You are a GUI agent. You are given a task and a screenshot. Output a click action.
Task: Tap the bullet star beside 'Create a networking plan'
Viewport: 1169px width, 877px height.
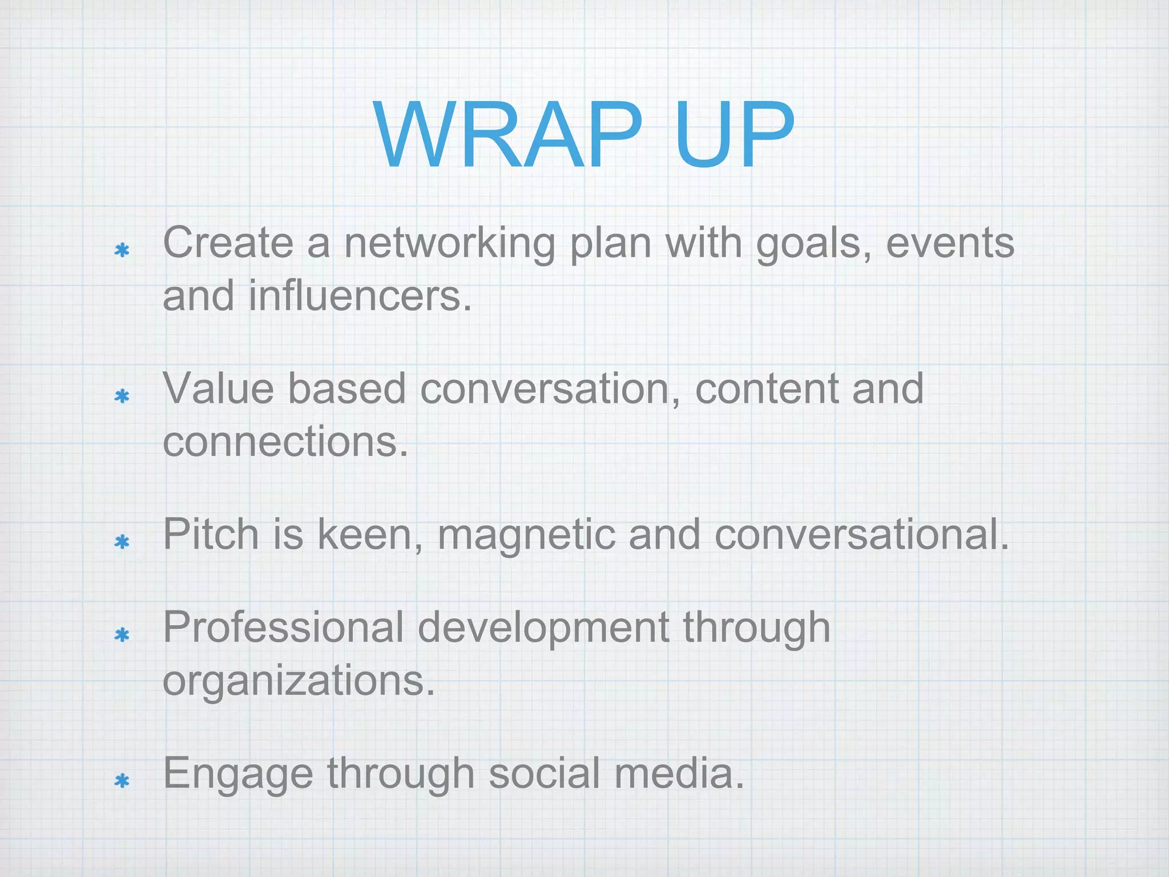[x=122, y=250]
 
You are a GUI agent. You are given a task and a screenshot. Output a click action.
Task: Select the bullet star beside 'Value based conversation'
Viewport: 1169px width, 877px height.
[x=122, y=396]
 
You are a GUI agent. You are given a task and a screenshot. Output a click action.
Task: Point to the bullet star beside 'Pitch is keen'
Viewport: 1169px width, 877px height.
[x=122, y=542]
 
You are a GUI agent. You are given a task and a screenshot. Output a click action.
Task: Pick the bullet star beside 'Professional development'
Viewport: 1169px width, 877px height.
[x=122, y=634]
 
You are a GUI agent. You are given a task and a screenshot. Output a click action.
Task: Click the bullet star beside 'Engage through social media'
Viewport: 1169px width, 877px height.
[x=122, y=781]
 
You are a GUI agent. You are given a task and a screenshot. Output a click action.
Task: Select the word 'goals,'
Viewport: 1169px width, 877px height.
[x=814, y=243]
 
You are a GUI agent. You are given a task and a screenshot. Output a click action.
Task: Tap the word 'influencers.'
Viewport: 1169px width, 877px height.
[x=360, y=296]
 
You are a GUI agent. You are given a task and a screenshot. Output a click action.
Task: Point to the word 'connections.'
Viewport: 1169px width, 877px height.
[x=285, y=442]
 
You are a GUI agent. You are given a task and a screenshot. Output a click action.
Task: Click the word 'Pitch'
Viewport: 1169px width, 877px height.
[x=211, y=534]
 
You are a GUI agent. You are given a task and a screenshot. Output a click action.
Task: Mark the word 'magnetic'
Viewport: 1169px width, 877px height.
[x=526, y=534]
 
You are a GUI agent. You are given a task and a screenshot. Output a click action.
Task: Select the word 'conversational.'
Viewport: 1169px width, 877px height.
[x=862, y=534]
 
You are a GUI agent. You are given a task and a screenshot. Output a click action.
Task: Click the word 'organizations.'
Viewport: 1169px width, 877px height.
[x=299, y=681]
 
